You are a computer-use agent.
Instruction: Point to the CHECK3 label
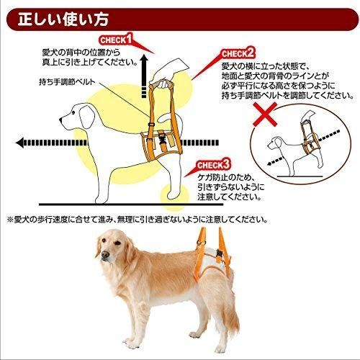tap(212, 164)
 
